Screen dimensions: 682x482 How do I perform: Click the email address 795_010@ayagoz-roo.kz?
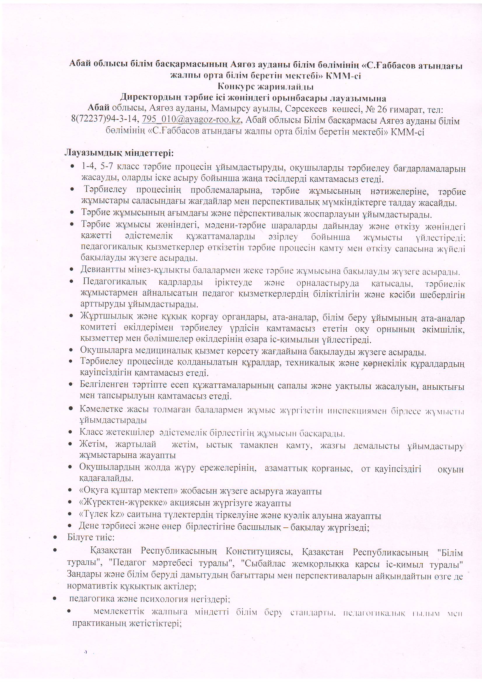(191, 120)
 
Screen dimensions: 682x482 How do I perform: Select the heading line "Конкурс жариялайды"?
(266, 87)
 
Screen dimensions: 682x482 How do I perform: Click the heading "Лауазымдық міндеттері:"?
(119, 153)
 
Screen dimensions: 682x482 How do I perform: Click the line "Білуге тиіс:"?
(91, 537)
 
